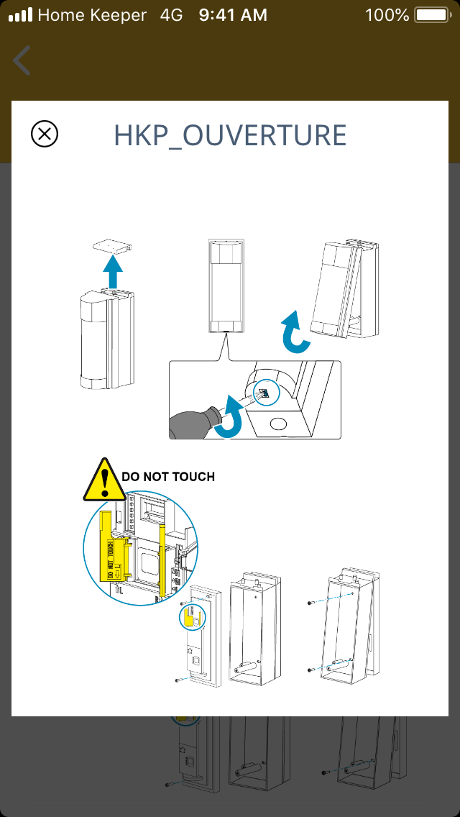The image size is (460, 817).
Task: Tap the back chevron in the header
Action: (22, 60)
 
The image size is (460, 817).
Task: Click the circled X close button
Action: (45, 134)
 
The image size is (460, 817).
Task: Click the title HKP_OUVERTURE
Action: (230, 135)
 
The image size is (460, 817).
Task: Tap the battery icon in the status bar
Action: (431, 14)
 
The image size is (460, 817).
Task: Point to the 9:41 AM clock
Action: (233, 14)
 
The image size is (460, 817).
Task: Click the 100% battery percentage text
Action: (387, 14)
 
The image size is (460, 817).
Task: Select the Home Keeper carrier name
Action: (92, 14)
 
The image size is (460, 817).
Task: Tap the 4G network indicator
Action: (172, 14)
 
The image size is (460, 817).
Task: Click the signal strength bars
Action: (20, 14)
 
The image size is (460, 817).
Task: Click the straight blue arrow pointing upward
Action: (112, 271)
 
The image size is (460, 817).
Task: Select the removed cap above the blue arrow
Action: (112, 246)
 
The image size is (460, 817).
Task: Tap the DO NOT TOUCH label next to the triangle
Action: (168, 476)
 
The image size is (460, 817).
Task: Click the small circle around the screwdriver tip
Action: (266, 393)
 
